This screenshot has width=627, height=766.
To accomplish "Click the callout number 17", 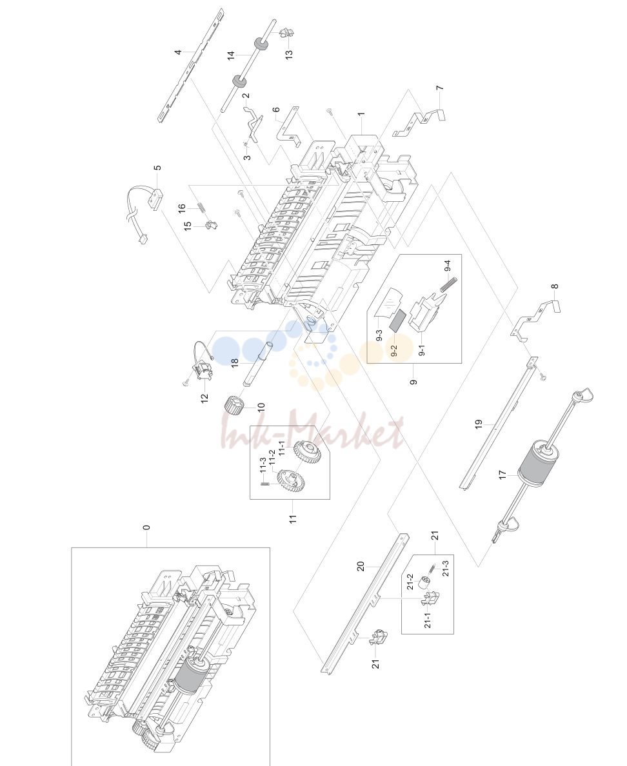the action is [503, 475].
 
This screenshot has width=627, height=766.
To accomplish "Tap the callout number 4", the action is [179, 52].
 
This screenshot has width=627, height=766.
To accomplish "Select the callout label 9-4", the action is [447, 266].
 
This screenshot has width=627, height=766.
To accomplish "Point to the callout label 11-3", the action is [263, 465].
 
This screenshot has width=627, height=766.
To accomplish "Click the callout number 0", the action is [146, 527].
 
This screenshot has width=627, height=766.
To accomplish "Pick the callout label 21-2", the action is [410, 582].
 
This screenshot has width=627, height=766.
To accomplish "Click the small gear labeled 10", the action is [233, 405].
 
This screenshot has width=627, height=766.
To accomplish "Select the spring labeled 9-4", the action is [448, 284].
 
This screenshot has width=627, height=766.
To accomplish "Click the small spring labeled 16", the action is [201, 207].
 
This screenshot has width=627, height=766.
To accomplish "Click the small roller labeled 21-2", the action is [424, 583].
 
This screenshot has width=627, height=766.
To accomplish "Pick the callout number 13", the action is [289, 54].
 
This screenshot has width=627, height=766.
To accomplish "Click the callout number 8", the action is [554, 286].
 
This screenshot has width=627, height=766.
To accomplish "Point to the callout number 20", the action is [360, 566].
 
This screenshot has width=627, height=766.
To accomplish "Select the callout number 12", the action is [204, 398].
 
